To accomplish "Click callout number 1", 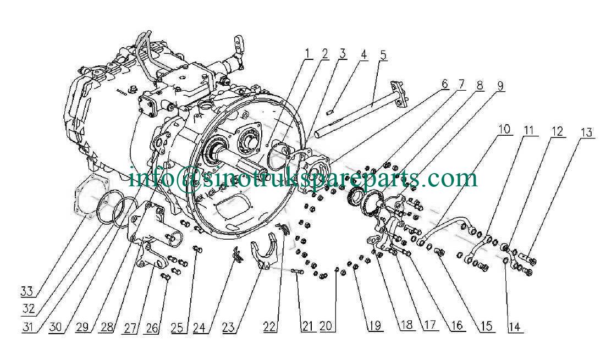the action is pyautogui.click(x=307, y=54).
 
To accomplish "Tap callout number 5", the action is pyautogui.click(x=383, y=55).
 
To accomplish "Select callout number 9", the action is pyautogui.click(x=500, y=86).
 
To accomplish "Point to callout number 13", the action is pyautogui.click(x=586, y=132).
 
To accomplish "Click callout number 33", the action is pyautogui.click(x=27, y=291).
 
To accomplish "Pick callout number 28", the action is pyautogui.click(x=107, y=328).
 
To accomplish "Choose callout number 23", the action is pyautogui.click(x=228, y=328).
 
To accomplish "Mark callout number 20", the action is pyautogui.click(x=326, y=326).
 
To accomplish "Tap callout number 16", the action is pyautogui.click(x=457, y=325).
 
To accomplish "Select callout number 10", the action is pyautogui.click(x=504, y=129).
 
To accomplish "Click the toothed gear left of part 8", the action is pyautogui.click(x=352, y=196).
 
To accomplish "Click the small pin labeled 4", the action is pyautogui.click(x=329, y=113).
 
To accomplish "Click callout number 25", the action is pyautogui.click(x=178, y=328).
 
